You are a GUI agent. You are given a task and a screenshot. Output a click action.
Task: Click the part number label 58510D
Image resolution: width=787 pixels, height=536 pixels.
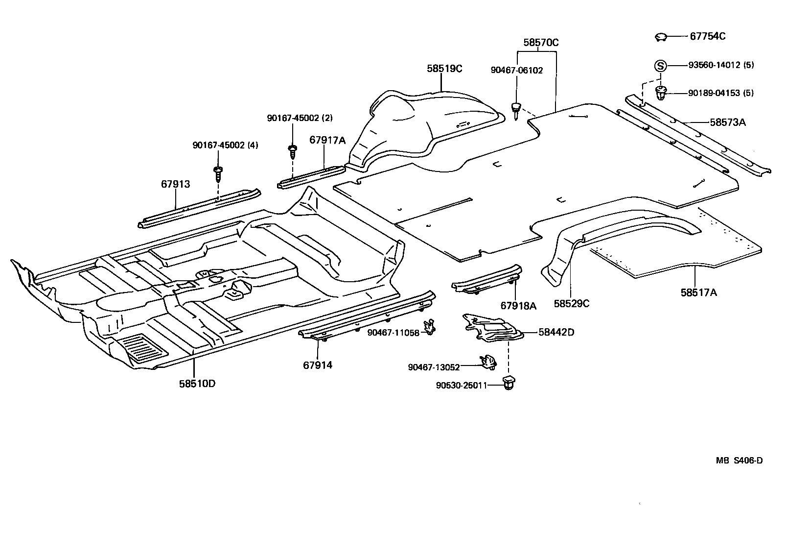tap(197, 384)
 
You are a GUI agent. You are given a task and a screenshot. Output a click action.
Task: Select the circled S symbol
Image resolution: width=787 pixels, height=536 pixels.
tap(660, 65)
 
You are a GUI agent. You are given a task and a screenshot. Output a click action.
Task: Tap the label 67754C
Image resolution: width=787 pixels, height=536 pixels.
tap(707, 36)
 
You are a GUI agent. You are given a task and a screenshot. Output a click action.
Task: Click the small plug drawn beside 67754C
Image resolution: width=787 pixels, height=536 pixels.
tap(661, 37)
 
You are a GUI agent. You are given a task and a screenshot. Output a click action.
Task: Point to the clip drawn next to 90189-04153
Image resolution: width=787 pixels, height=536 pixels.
tap(661, 92)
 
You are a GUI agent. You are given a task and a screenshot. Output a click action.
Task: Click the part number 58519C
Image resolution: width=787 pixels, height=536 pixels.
tap(444, 69)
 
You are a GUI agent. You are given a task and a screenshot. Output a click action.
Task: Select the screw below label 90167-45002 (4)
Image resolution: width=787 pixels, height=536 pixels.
tap(217, 173)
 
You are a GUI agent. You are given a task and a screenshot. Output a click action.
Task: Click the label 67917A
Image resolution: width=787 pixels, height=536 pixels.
tap(327, 141)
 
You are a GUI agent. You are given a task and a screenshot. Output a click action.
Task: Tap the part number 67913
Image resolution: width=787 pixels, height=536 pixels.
tap(175, 184)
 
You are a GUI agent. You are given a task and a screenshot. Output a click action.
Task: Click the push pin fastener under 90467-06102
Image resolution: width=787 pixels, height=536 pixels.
tap(516, 111)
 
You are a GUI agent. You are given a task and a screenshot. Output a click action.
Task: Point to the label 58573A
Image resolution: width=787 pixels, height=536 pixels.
tap(728, 122)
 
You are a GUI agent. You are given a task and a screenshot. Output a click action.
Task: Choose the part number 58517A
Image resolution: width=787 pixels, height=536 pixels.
tap(698, 292)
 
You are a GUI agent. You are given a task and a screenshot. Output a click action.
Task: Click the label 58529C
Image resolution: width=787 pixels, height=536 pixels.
tap(571, 304)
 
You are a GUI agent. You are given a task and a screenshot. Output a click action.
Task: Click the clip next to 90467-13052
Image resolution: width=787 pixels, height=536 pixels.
tap(488, 362)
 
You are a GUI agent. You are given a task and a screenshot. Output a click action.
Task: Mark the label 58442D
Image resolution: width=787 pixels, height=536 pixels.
tap(556, 332)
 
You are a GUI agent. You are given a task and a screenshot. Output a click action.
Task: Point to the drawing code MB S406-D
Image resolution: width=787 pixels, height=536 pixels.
tap(739, 461)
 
